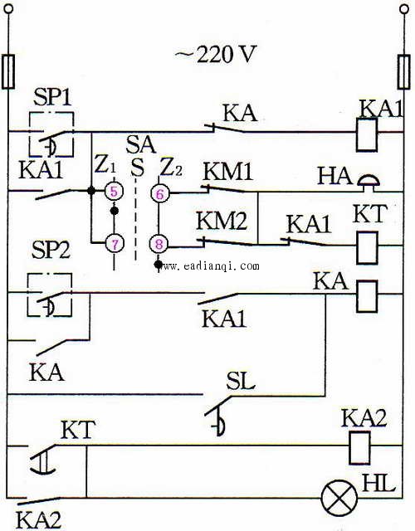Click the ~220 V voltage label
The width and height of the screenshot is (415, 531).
215,54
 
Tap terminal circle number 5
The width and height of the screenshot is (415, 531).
114,192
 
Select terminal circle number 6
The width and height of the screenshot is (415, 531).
160,193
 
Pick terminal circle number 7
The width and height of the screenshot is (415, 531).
115,243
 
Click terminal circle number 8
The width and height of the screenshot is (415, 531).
159,244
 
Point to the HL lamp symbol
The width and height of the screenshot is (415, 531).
339,498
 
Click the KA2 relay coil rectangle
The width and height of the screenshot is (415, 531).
359,447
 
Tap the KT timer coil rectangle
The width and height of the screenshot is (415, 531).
367,247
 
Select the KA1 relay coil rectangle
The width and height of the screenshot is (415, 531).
367,134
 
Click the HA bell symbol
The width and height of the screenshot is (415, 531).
369,182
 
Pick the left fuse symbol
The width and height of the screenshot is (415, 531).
7,72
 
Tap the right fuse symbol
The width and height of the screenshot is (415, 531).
403,72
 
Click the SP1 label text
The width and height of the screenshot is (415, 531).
53,98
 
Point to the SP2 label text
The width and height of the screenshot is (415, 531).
51,251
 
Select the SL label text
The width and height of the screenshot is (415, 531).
240,382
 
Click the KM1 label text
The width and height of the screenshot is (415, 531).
227,172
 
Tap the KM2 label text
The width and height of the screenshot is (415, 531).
222,221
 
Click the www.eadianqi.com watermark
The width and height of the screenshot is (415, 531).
211,266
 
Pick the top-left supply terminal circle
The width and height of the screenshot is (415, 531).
7,8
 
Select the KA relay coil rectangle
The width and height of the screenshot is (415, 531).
367,295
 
